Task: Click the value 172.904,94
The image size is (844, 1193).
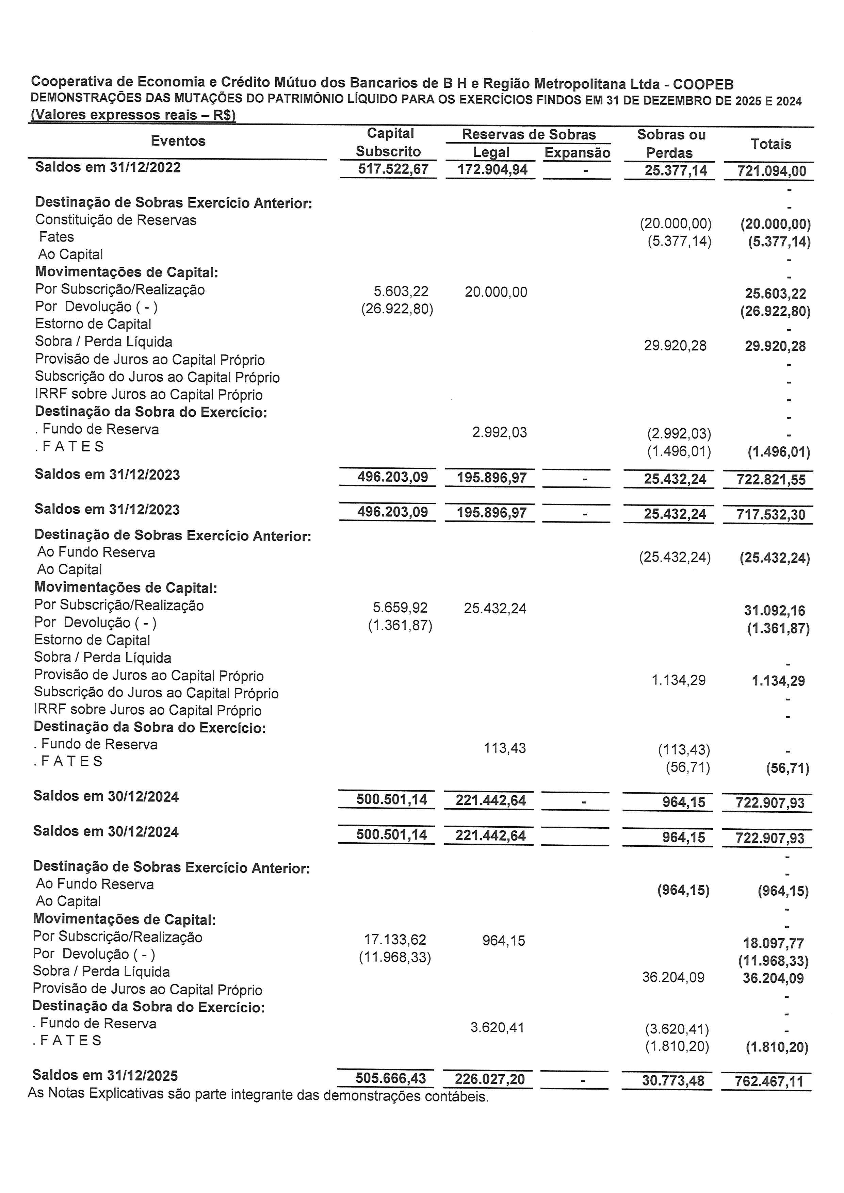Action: click(492, 170)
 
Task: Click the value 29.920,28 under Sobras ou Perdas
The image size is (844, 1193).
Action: click(675, 346)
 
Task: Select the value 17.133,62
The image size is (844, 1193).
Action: click(395, 940)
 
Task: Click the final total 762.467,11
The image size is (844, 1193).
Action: click(769, 1081)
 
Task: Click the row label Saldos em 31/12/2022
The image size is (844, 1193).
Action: click(108, 167)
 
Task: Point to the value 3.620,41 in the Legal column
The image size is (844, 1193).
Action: click(497, 1027)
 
